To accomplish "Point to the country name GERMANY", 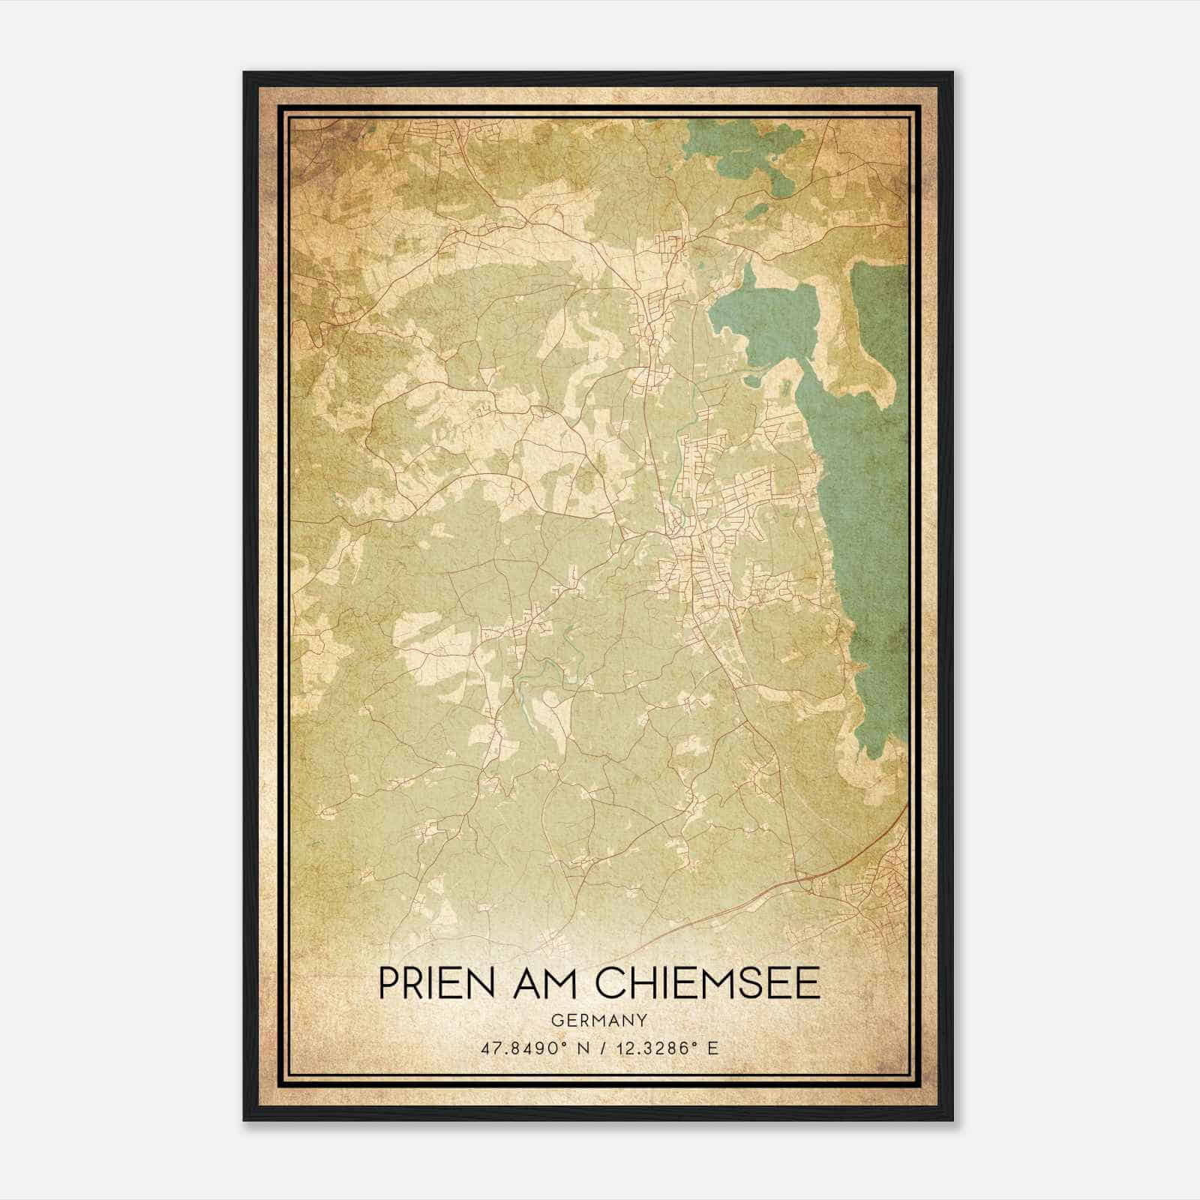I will pyautogui.click(x=598, y=1020).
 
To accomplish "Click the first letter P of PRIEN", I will pyautogui.click(x=388, y=983).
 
